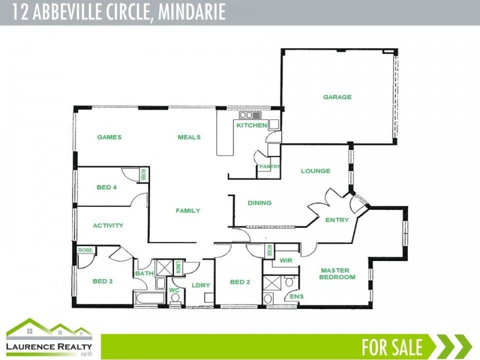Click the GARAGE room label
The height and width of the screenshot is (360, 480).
point(337,97)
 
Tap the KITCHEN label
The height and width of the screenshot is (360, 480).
point(251,125)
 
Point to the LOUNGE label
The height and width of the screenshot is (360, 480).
point(316,171)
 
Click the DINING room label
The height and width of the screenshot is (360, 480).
point(259,203)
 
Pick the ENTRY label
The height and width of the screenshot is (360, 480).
point(337,220)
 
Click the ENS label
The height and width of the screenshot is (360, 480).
point(296,296)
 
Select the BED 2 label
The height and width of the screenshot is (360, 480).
point(240,281)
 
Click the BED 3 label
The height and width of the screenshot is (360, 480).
point(103,281)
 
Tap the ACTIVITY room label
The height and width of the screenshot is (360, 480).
point(108,226)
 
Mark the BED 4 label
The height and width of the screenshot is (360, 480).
point(106,187)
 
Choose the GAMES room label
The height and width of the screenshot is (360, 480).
point(109,137)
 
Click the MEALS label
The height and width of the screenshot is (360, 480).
point(189,137)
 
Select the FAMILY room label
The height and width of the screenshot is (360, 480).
point(188,211)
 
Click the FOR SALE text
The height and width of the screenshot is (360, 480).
point(392,347)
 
